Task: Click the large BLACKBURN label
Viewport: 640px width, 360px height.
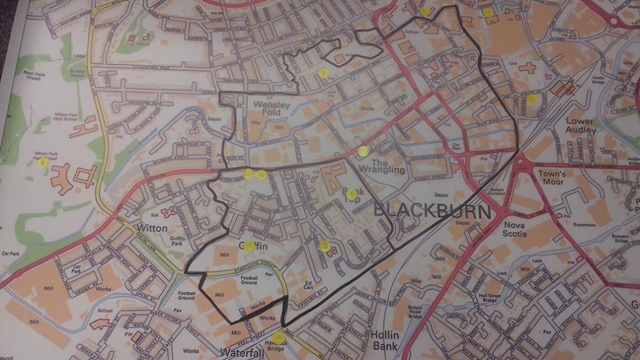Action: point(432,211)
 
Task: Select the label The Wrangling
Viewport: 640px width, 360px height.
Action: point(387,166)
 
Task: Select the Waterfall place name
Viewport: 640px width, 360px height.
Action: point(243,352)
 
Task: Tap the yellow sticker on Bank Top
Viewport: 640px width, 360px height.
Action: point(352,194)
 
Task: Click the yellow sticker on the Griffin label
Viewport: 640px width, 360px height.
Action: point(249,246)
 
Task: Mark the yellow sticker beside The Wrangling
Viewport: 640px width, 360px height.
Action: point(363,152)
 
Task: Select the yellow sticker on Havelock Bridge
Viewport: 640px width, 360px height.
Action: point(278,338)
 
